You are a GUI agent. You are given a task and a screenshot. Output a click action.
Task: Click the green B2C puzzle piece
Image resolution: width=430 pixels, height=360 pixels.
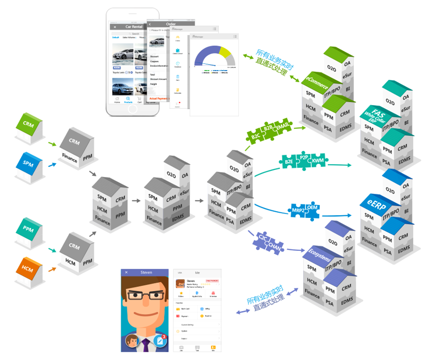(x=256, y=134)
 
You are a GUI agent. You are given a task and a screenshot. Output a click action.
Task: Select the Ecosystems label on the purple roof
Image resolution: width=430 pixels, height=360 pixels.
(x=319, y=256)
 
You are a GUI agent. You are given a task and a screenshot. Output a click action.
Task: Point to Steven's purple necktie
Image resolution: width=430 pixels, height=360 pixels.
(x=146, y=346)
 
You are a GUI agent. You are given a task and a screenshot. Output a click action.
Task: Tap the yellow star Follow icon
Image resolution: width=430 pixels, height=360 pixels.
(x=181, y=293)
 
